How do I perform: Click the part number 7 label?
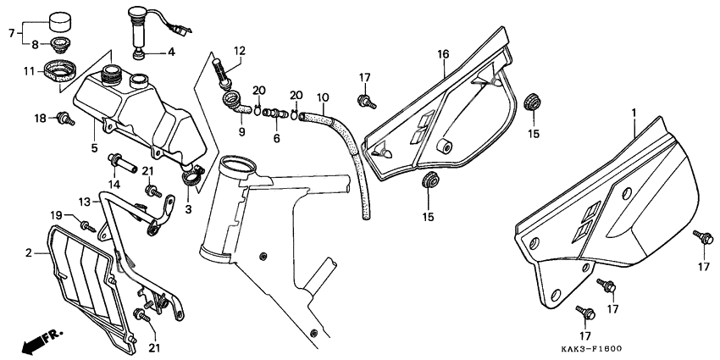pyautogui.click(x=12, y=33)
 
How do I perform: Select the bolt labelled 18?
pyautogui.click(x=65, y=118)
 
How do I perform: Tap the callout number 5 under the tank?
pyautogui.click(x=94, y=148)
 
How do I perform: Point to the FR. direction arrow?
pyautogui.click(x=42, y=340)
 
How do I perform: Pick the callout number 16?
pyautogui.click(x=443, y=55)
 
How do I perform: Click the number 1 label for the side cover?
pyautogui.click(x=634, y=113)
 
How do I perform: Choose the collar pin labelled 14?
pyautogui.click(x=122, y=163)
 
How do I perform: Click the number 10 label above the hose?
pyautogui.click(x=323, y=97)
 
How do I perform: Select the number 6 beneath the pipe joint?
pyautogui.click(x=276, y=138)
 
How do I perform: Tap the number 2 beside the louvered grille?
pyautogui.click(x=29, y=253)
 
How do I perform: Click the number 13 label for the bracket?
pyautogui.click(x=85, y=202)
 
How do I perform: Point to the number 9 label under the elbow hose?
pyautogui.click(x=241, y=132)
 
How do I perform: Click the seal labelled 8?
pyautogui.click(x=59, y=45)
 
